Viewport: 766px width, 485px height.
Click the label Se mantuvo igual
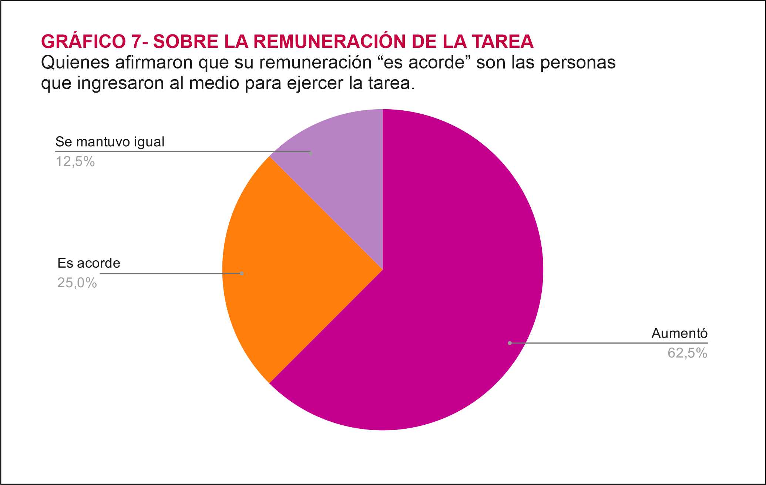point(110,142)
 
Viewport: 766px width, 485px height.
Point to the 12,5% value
point(75,162)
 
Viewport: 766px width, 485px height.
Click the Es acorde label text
point(89,263)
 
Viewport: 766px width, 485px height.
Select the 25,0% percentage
point(77,283)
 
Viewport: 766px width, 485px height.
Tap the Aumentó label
point(679,334)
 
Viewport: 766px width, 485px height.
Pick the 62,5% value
point(687,353)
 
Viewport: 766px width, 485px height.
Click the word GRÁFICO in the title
point(84,41)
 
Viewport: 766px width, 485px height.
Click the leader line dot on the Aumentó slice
point(510,343)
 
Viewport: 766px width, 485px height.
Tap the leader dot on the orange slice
point(242,274)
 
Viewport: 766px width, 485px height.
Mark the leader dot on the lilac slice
point(310,152)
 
